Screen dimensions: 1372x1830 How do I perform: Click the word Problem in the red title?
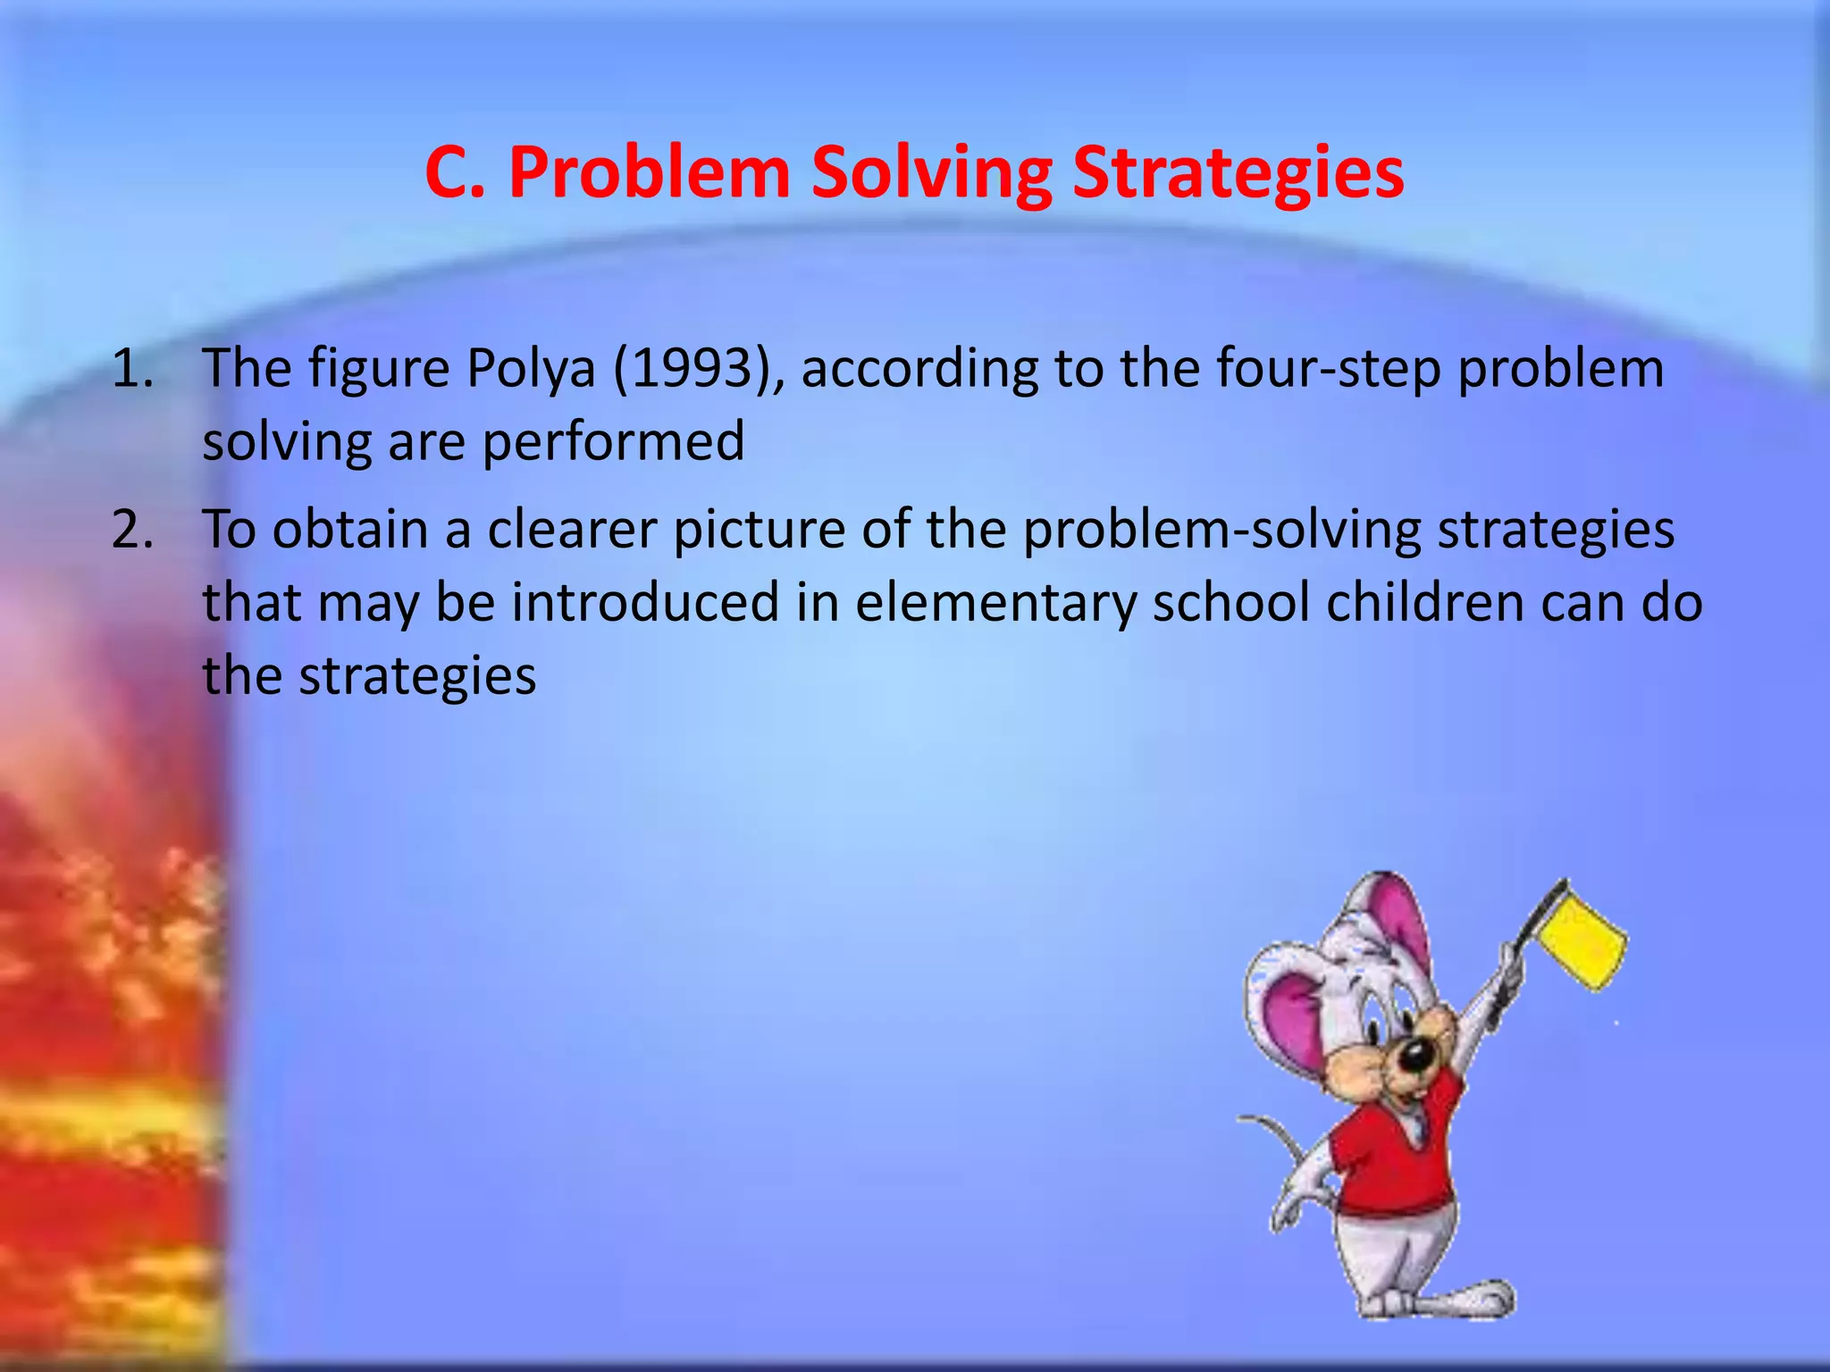click(650, 172)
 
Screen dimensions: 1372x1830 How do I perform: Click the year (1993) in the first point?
click(693, 368)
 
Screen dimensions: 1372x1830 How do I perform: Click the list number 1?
click(131, 368)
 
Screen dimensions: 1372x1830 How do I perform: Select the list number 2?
click(131, 530)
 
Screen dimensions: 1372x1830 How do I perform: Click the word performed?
click(613, 440)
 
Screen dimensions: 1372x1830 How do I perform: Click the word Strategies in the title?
click(1238, 172)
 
